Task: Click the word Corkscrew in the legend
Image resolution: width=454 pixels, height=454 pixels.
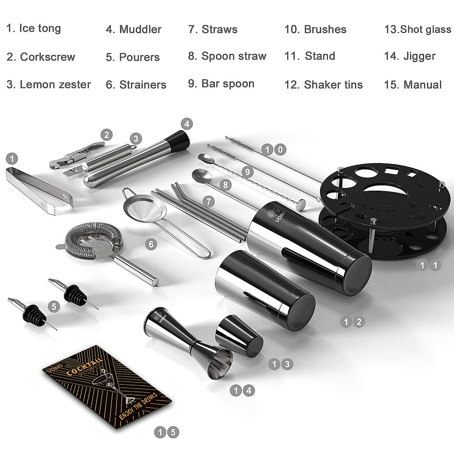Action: [47, 57]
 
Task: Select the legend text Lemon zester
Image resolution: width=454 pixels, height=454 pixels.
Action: [55, 84]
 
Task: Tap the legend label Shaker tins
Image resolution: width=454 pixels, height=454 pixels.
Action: [333, 85]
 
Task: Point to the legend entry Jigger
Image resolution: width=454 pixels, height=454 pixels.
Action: [419, 56]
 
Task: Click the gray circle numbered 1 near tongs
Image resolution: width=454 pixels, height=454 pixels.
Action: [12, 159]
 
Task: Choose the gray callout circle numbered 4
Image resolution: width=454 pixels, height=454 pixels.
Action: [187, 123]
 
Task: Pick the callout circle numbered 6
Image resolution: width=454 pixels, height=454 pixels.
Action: [151, 244]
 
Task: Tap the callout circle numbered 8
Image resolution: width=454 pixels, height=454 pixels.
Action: [225, 185]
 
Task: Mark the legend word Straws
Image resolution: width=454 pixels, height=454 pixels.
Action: [219, 29]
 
